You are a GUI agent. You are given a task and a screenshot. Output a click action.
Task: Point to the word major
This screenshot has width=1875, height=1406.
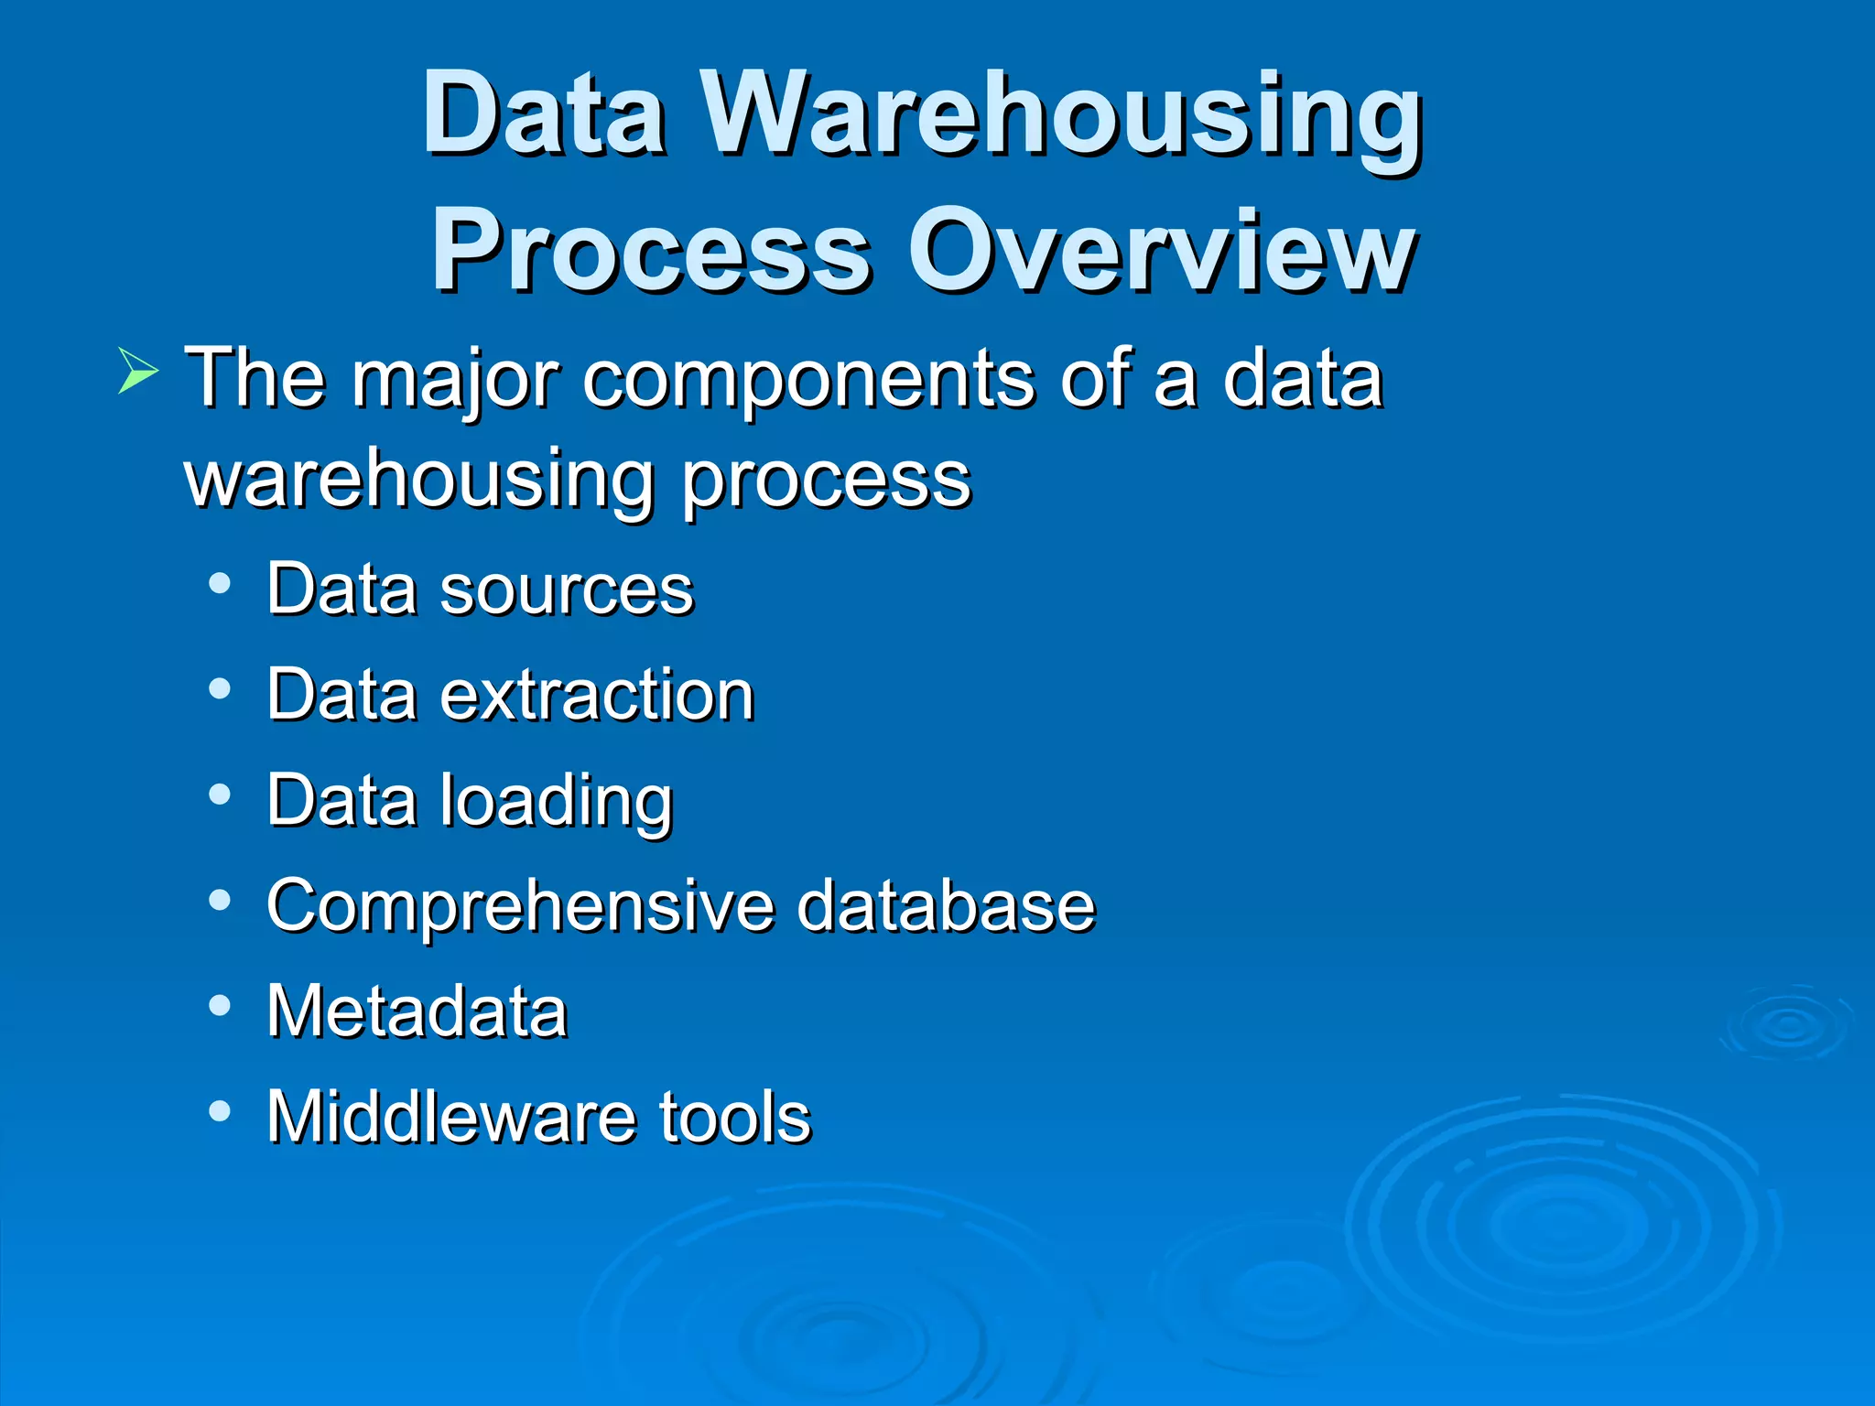[x=456, y=380]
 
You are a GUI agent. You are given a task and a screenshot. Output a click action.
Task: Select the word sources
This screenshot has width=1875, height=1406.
[x=567, y=589]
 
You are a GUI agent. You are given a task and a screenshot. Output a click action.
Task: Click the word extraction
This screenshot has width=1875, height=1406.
[x=597, y=695]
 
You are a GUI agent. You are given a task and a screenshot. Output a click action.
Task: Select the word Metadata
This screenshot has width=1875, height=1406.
[x=417, y=1011]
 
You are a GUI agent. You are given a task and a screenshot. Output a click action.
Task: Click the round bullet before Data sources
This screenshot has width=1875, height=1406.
[x=220, y=584]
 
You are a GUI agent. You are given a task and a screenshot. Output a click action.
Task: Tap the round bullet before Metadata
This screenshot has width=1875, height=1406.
[x=220, y=1006]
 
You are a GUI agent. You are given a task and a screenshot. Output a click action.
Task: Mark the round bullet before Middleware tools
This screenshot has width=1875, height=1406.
[x=220, y=1111]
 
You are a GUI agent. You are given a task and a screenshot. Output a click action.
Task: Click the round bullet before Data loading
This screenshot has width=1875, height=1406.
[x=220, y=795]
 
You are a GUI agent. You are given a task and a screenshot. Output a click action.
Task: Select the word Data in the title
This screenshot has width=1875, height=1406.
[x=544, y=114]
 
